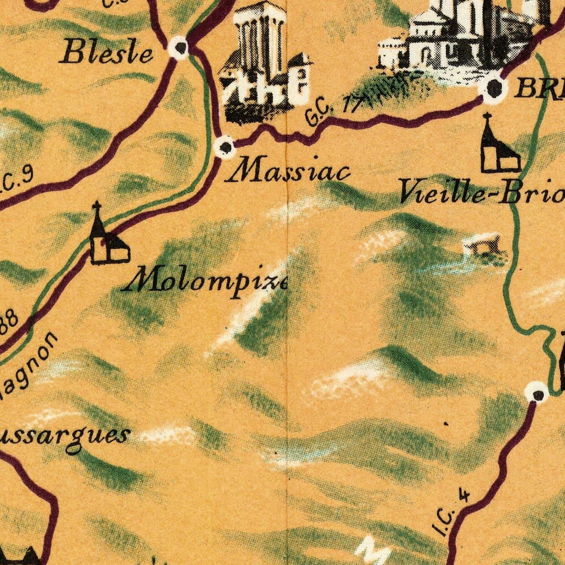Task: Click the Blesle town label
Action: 106,53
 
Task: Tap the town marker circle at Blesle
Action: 180,48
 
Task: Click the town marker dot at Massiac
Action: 225,147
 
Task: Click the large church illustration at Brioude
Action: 457,37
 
